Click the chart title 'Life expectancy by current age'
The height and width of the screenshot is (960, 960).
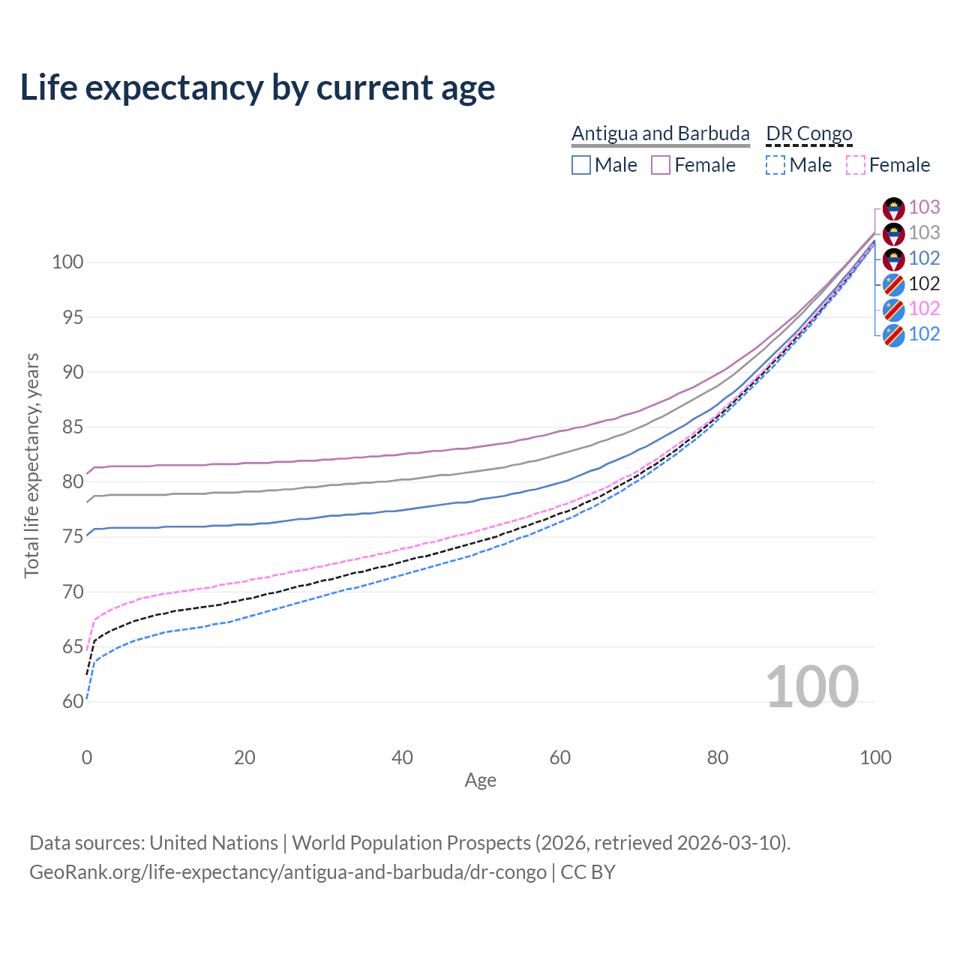click(x=257, y=88)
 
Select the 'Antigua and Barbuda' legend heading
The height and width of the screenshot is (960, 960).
click(x=660, y=133)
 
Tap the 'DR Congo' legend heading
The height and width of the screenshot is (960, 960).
click(x=809, y=133)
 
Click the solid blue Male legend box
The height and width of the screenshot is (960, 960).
click(x=581, y=165)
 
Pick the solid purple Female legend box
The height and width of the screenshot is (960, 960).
click(x=661, y=165)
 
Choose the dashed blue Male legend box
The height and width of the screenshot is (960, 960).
click(x=775, y=165)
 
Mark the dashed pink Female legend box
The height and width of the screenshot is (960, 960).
click(x=856, y=165)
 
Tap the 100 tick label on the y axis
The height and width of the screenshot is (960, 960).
click(x=67, y=262)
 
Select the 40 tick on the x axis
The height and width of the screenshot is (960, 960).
click(x=403, y=757)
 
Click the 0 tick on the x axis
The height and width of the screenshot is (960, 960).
click(x=87, y=757)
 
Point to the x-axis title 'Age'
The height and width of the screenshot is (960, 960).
click(x=481, y=781)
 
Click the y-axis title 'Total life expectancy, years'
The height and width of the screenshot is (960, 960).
click(x=31, y=465)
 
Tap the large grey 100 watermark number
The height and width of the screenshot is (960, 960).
click(x=812, y=687)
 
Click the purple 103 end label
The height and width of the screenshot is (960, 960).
click(x=924, y=207)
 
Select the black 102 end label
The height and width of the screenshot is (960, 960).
click(x=924, y=283)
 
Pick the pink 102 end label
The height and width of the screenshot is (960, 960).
click(x=924, y=308)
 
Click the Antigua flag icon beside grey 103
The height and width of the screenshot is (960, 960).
click(x=893, y=234)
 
